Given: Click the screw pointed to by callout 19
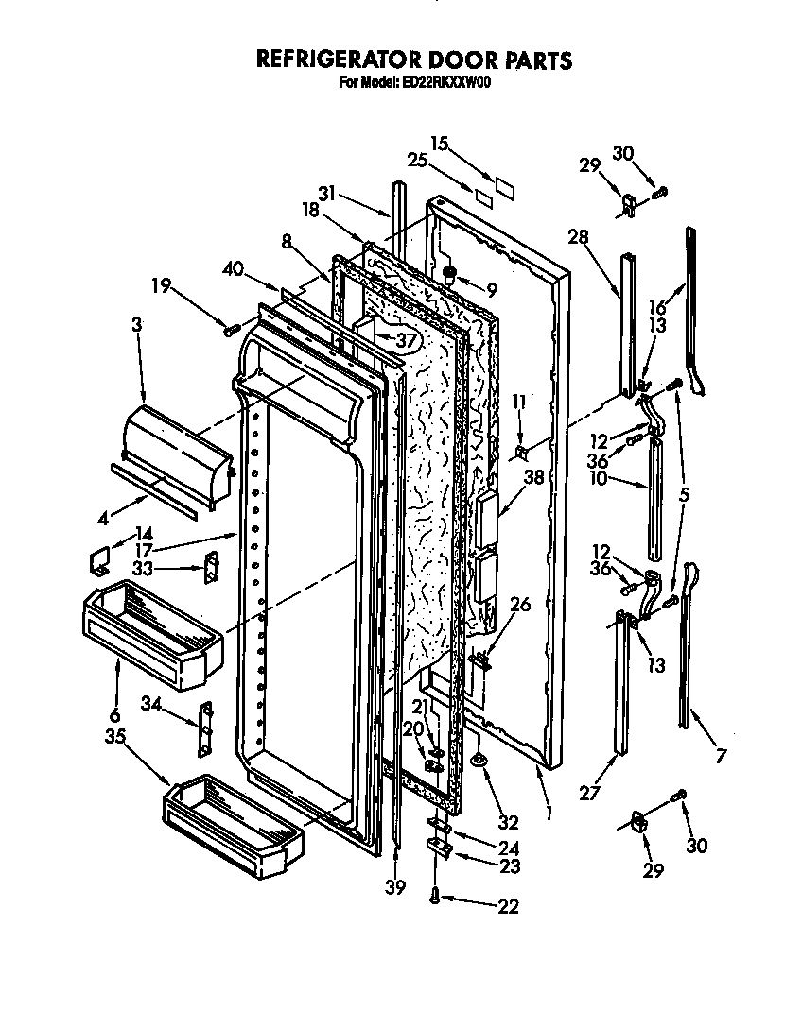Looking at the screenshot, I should pos(229,330).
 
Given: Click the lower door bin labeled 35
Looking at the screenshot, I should pos(230,819).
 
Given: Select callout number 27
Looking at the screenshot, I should pos(589,793).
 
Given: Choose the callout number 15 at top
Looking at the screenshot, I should pos(438,143).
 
